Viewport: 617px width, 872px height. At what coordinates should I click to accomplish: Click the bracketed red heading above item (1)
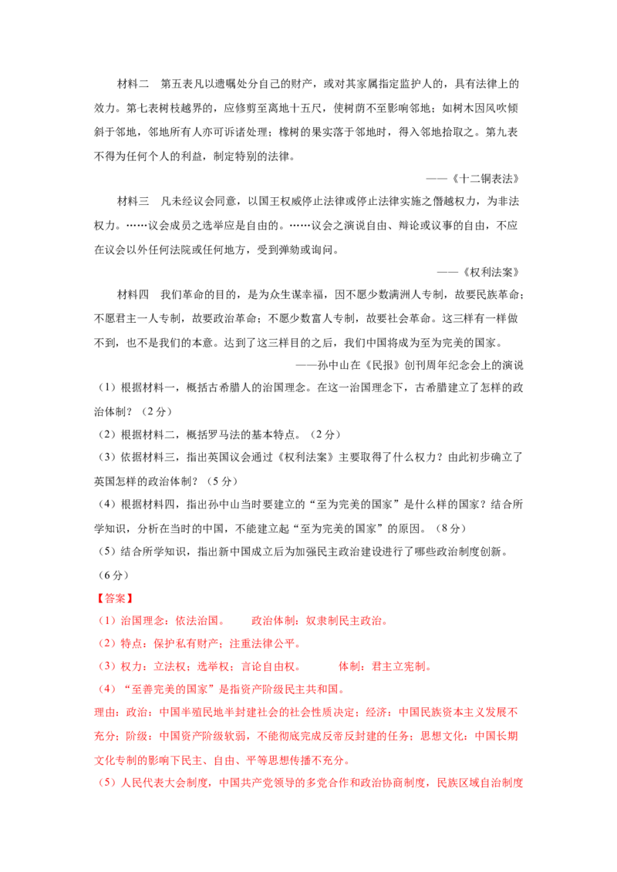pos(114,598)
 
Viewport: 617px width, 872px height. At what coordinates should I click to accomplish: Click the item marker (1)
pos(106,621)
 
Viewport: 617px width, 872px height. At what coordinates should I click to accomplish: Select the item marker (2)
pos(106,643)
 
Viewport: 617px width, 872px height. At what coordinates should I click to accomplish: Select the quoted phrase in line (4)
pos(170,689)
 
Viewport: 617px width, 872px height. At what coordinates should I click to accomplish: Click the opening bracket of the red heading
pos(96,598)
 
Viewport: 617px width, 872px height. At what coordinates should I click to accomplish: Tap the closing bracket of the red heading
pos(132,598)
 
